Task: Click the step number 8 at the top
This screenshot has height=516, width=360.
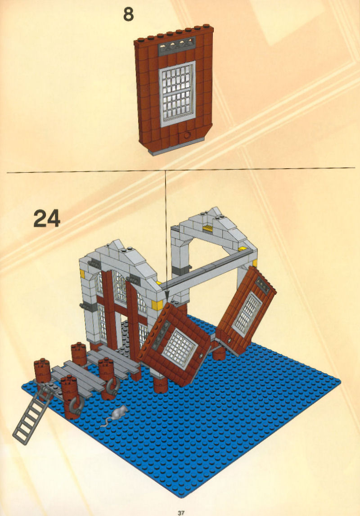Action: pos(128,14)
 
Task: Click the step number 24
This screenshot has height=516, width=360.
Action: pos(47,218)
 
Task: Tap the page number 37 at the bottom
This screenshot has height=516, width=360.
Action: pos(181,512)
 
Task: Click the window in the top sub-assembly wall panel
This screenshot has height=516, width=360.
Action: pos(177,94)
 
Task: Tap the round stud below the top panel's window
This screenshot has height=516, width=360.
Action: pos(187,135)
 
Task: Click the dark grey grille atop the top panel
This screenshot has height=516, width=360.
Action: pos(177,46)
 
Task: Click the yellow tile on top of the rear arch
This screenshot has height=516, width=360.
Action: pos(208,229)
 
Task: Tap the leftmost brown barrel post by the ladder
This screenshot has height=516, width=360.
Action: pos(43,372)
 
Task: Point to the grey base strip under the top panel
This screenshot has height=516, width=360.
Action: pos(176,147)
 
